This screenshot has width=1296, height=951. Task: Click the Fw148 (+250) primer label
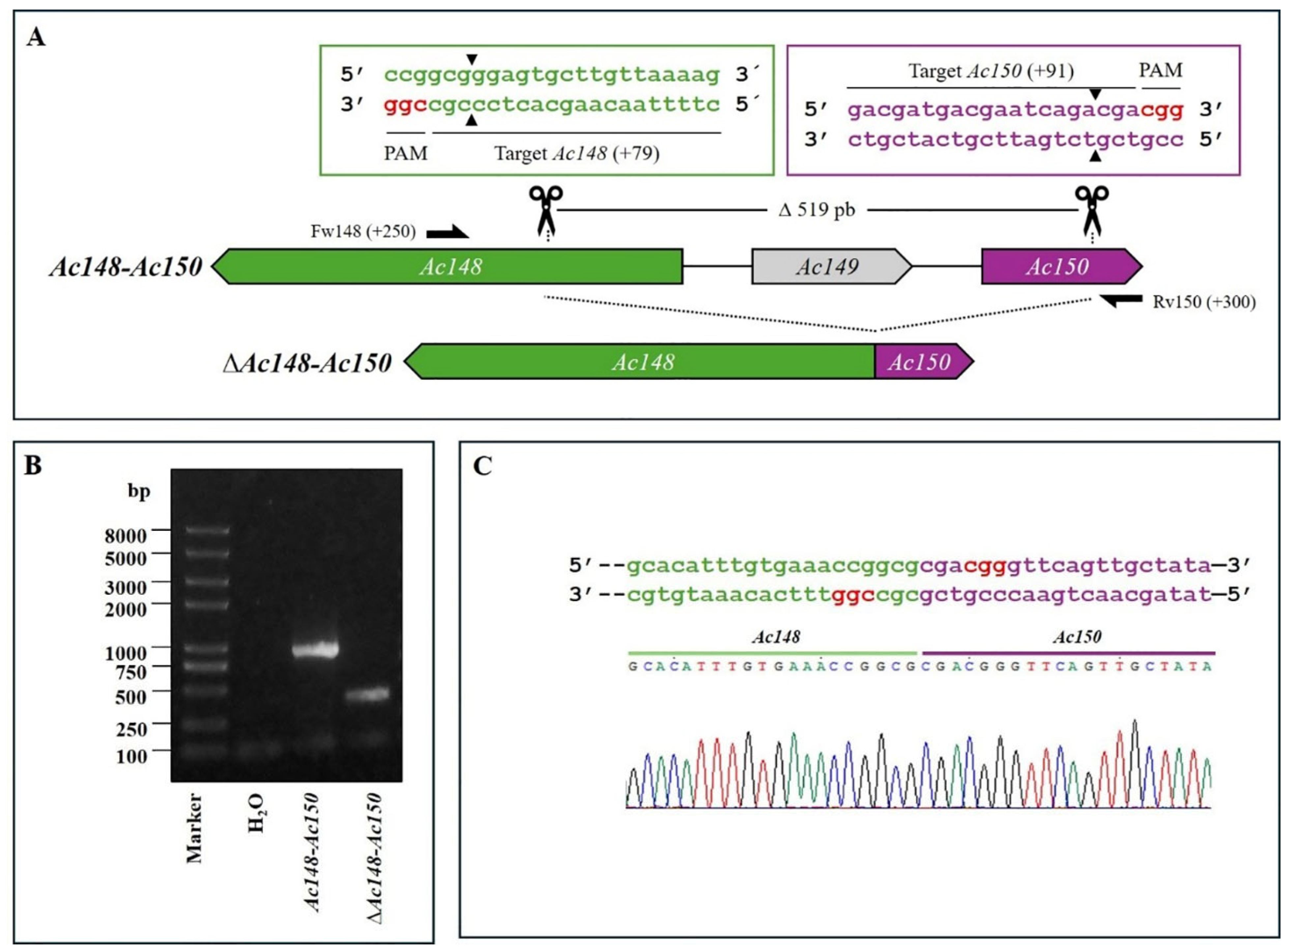[362, 231]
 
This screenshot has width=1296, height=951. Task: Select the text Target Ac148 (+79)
[577, 153]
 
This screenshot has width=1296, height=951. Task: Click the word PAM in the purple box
[1160, 70]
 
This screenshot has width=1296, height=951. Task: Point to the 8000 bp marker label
[126, 536]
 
